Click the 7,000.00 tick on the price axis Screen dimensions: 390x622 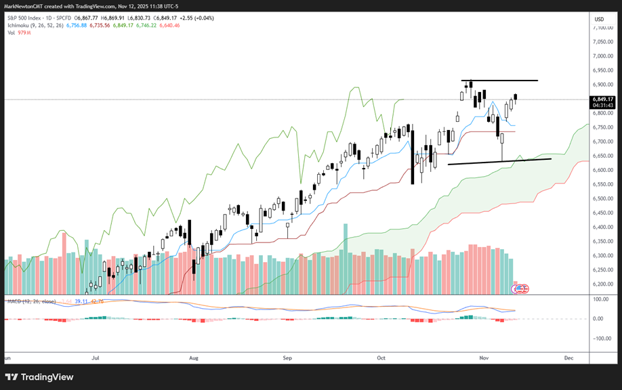click(602, 41)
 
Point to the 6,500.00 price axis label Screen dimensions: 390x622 click(602, 198)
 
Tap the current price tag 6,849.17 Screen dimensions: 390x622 click(602, 100)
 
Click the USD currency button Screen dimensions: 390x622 click(599, 19)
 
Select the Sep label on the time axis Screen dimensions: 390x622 click(287, 357)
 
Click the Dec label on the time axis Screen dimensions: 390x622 click(568, 357)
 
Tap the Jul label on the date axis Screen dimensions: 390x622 click(96, 357)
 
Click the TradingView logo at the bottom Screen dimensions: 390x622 click(39, 377)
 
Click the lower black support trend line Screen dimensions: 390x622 click(499, 161)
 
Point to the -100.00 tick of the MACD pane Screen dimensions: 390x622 click(602, 339)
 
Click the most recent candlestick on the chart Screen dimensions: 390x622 click(516, 99)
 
